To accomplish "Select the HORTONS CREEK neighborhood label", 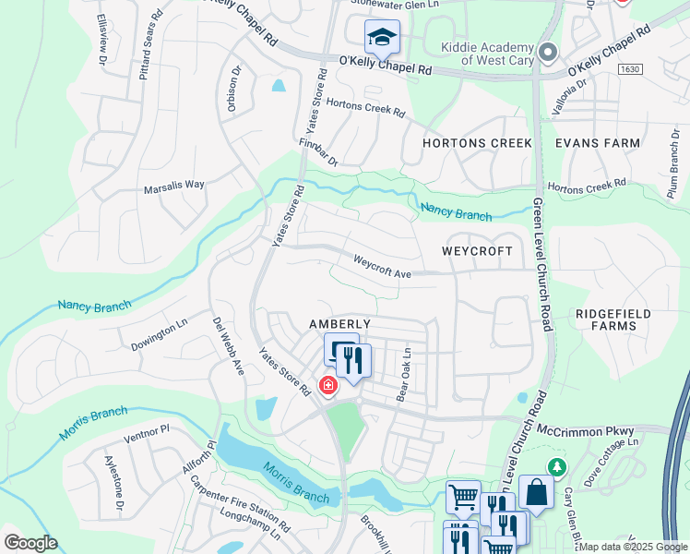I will tap(477, 143).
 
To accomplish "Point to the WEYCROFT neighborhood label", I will tap(476, 251).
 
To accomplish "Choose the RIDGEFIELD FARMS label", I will tap(613, 319).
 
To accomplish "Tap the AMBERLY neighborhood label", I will tap(339, 324).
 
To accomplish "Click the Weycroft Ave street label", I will tap(382, 267).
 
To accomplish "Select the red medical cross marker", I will tap(327, 384).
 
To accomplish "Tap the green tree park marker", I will tap(556, 467).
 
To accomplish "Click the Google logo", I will tap(30, 542).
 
